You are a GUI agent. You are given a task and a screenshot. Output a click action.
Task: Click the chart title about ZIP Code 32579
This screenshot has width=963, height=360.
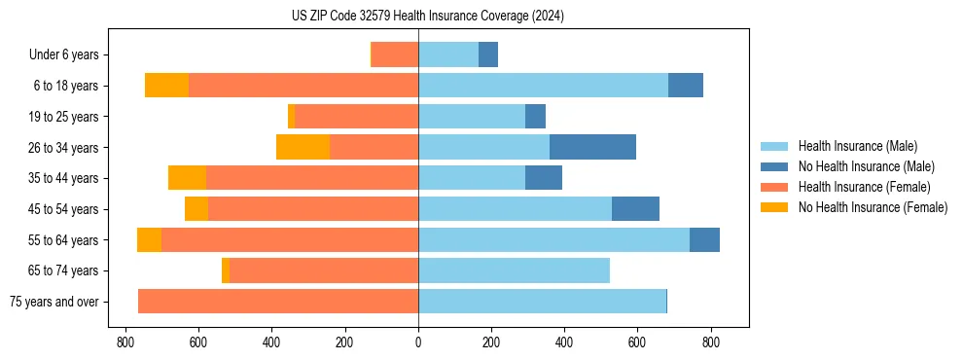click(x=427, y=17)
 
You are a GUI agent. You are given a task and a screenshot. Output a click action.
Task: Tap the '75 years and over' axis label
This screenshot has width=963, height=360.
click(x=54, y=302)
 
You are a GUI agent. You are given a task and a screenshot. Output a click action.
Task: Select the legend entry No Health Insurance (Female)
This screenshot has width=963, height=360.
click(x=873, y=207)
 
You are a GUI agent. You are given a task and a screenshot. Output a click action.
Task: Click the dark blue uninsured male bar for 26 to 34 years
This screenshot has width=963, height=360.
click(x=592, y=147)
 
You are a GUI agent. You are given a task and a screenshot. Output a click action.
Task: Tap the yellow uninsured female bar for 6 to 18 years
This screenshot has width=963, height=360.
click(x=166, y=86)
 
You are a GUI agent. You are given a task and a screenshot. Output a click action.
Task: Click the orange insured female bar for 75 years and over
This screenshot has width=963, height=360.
click(x=278, y=302)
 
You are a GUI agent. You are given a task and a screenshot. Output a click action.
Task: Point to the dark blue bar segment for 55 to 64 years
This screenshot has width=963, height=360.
click(x=704, y=239)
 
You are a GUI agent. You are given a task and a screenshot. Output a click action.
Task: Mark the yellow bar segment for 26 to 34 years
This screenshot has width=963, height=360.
click(x=303, y=147)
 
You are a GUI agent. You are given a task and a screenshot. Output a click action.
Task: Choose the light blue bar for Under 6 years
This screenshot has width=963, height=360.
click(x=448, y=54)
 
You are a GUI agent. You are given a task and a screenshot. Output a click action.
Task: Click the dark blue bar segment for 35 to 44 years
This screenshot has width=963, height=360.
click(x=544, y=178)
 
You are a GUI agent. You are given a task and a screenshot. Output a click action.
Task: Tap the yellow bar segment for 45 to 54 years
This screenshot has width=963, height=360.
click(x=196, y=209)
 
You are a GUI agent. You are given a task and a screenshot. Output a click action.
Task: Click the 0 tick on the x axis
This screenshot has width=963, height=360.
click(x=418, y=342)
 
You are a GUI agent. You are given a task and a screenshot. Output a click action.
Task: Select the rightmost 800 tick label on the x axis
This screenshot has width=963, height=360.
click(x=711, y=342)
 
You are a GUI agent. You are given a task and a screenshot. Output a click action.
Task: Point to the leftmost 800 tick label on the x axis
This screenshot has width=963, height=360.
click(x=125, y=342)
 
